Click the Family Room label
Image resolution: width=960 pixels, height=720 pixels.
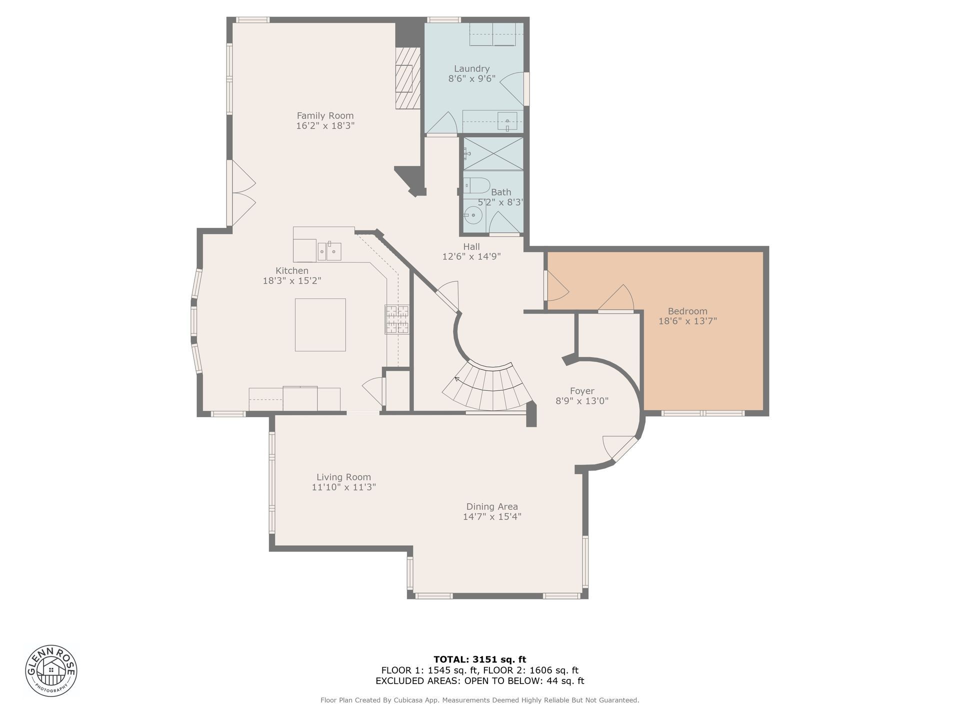click(325, 115)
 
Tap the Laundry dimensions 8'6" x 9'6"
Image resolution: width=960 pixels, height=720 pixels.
click(471, 78)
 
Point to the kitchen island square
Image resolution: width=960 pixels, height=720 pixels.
click(320, 325)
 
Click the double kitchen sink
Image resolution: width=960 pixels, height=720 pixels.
click(329, 251)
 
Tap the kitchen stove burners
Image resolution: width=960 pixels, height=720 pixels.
click(397, 319)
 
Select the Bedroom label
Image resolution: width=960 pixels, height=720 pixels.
click(687, 311)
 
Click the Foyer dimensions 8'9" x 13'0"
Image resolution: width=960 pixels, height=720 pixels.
click(582, 401)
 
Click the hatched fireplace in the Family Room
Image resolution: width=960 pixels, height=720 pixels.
click(407, 78)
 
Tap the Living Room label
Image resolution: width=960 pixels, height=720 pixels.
click(343, 477)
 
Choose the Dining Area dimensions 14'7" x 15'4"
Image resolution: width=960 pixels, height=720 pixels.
click(492, 516)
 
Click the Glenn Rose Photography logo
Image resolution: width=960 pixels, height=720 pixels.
click(51, 670)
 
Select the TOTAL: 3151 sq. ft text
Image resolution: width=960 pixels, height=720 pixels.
click(479, 659)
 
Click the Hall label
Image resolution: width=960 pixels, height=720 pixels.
click(471, 246)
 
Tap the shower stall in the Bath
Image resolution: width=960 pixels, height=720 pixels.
click(493, 154)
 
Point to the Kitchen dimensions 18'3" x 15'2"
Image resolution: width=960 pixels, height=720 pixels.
click(292, 281)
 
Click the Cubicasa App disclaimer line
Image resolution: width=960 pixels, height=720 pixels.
click(479, 700)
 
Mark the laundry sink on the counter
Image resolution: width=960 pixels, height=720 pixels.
click(507, 121)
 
